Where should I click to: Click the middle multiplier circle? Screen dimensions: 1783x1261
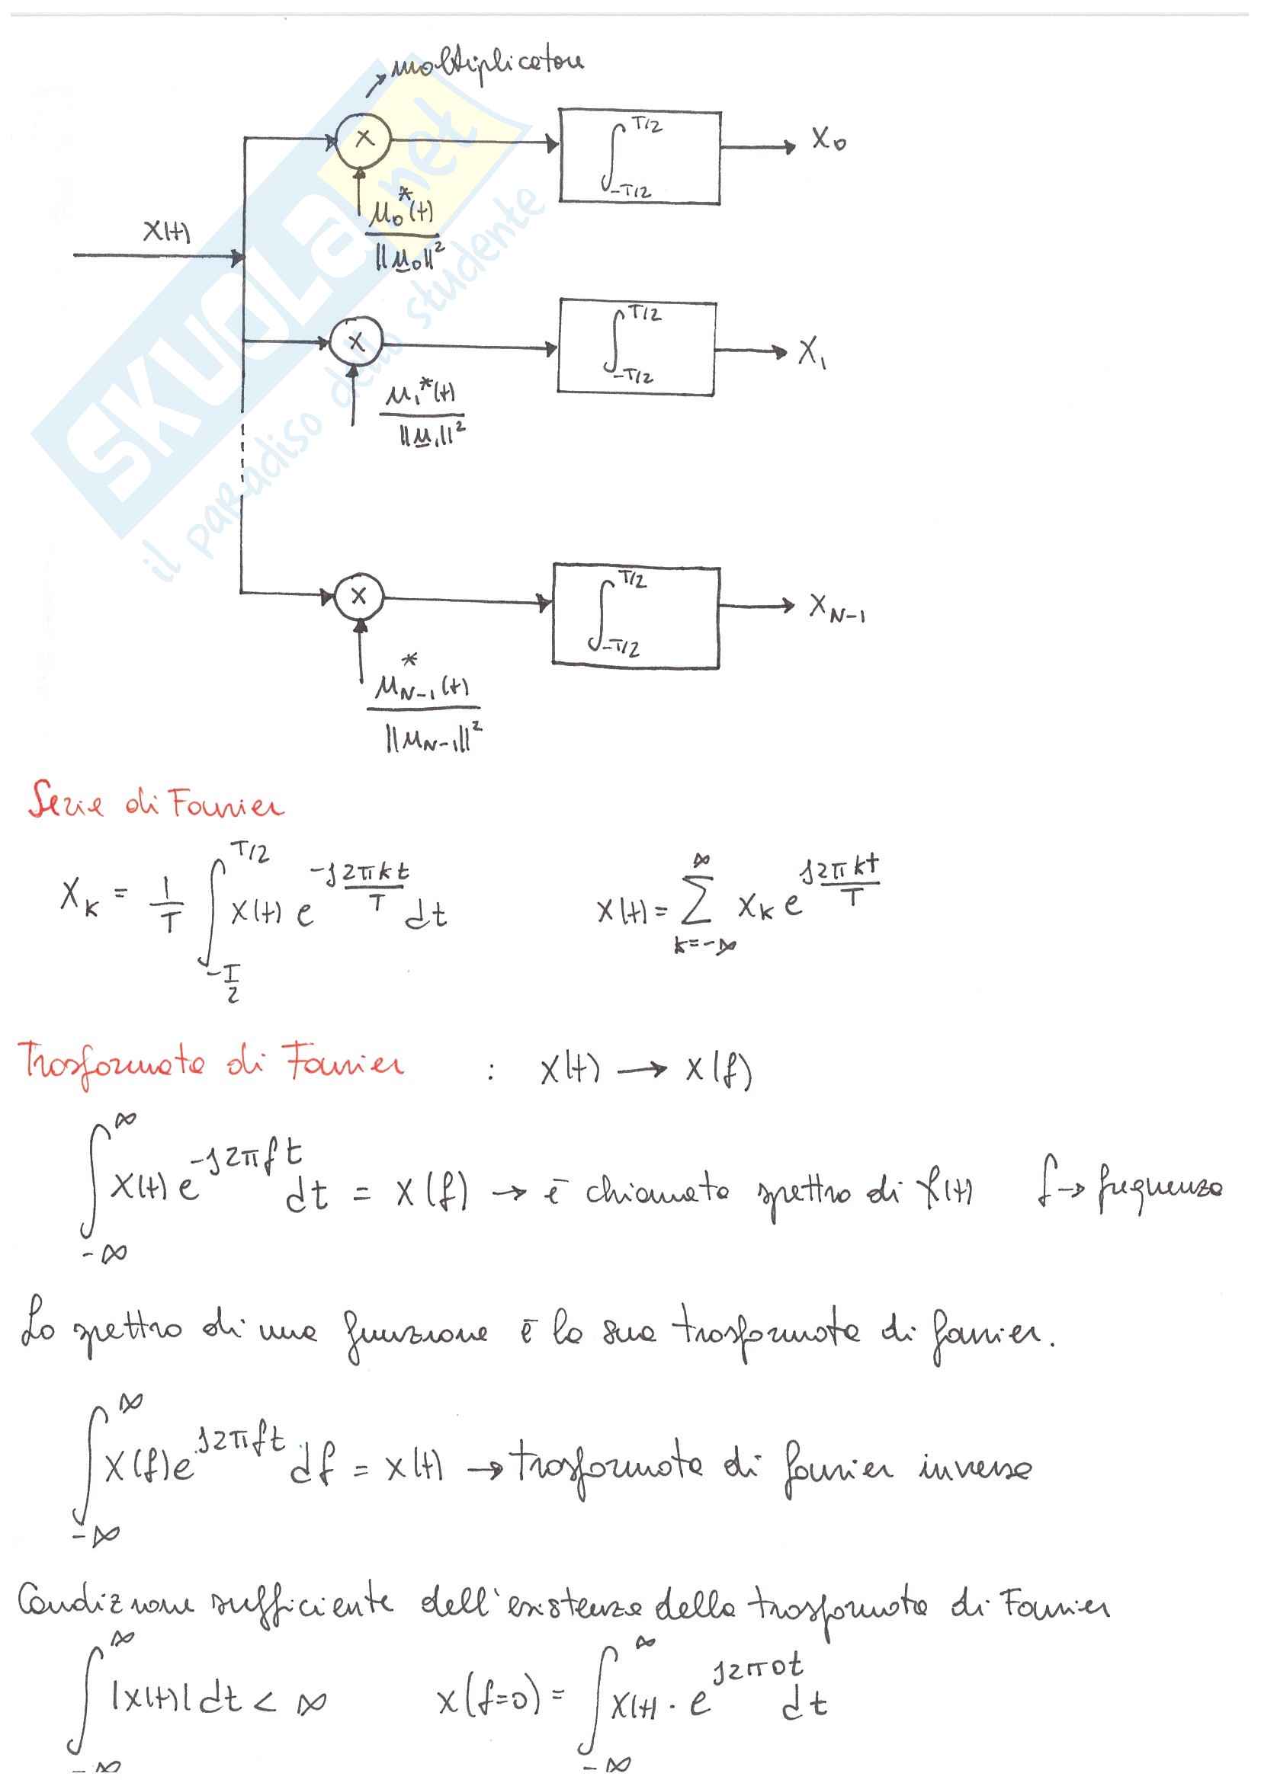(x=355, y=341)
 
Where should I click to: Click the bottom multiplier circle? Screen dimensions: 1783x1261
(x=358, y=597)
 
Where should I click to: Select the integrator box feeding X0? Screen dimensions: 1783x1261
(x=639, y=157)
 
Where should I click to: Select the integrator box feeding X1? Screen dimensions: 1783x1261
(x=636, y=347)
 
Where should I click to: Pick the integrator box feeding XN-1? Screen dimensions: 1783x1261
(x=636, y=615)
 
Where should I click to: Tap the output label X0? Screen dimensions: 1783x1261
(x=828, y=140)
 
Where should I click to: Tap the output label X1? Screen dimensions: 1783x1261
(x=812, y=354)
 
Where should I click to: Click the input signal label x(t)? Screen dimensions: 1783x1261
(x=166, y=232)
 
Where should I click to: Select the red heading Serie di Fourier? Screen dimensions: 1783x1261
(x=156, y=802)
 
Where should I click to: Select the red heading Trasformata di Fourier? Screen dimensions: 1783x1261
(x=210, y=1063)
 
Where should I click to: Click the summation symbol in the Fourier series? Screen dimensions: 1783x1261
(x=696, y=904)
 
